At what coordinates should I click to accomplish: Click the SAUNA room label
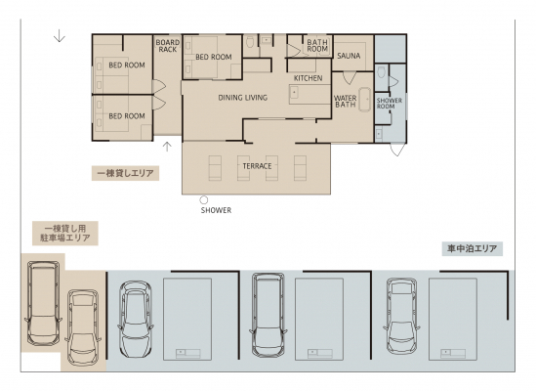click(x=349, y=56)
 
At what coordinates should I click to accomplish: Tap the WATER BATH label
click(x=346, y=102)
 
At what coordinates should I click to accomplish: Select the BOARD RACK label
click(x=168, y=46)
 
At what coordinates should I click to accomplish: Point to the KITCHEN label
click(x=308, y=78)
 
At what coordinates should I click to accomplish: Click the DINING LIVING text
click(x=243, y=98)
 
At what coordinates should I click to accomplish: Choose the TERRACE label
click(x=257, y=166)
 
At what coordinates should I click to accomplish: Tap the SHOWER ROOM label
click(x=389, y=104)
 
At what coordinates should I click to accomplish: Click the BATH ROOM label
click(x=317, y=46)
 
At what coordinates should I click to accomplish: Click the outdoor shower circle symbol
click(x=204, y=199)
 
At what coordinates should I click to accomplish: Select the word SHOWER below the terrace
click(x=216, y=210)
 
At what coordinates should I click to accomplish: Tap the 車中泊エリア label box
click(x=473, y=248)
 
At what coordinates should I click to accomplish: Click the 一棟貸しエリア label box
click(x=125, y=173)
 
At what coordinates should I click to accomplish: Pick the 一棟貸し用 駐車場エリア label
click(x=65, y=234)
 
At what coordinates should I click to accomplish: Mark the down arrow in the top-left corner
click(x=60, y=35)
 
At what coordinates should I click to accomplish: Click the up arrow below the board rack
click(x=167, y=147)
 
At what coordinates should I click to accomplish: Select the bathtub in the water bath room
click(x=365, y=100)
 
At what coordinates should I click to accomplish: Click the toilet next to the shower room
click(x=382, y=72)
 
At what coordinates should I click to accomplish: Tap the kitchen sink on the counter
click(x=294, y=92)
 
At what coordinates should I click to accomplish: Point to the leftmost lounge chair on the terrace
click(x=215, y=168)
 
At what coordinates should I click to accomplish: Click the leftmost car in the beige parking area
click(x=43, y=303)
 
